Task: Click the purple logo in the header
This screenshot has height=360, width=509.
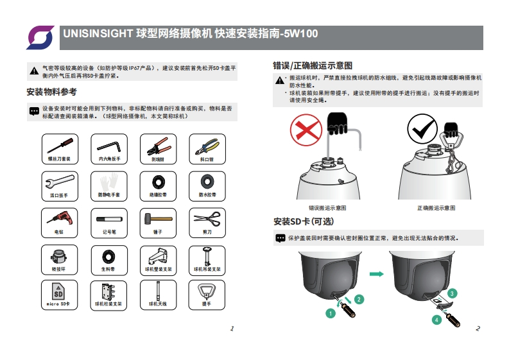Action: (x=40, y=37)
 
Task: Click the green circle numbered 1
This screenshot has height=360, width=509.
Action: (x=331, y=313)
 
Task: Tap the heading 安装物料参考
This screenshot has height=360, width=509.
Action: (x=51, y=92)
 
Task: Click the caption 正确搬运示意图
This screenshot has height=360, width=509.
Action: (x=436, y=208)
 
